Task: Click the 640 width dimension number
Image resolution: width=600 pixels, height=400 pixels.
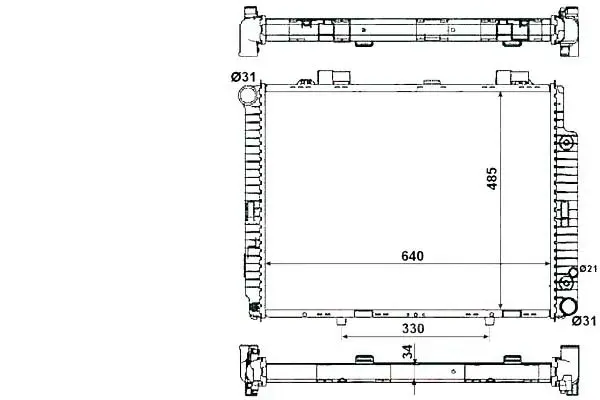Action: [412, 256]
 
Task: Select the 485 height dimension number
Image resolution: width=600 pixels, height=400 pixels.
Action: [492, 178]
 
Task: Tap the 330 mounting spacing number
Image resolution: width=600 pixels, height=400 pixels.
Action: [413, 328]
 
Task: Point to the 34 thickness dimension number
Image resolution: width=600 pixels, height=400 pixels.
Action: [408, 352]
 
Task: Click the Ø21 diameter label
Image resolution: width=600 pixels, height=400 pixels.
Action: [588, 269]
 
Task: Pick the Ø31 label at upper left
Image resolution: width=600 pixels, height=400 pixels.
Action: [243, 77]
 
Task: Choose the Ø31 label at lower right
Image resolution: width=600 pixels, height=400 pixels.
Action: [584, 321]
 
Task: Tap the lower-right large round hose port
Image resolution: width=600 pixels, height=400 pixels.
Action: [568, 307]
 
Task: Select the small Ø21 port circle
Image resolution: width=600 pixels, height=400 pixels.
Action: [573, 272]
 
